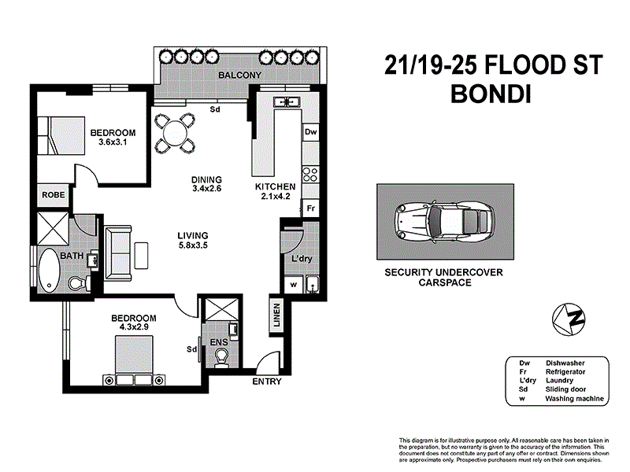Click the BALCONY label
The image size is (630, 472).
239,75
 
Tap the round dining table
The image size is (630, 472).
176,133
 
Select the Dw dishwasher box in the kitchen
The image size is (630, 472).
310,131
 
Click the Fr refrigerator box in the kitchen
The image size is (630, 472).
310,208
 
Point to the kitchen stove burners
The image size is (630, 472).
310,175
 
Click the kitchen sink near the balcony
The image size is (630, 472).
287,101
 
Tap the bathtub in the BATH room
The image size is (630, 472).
49,270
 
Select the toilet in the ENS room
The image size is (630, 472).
221,358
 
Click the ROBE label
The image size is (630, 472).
54,194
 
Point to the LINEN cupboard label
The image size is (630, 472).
276,315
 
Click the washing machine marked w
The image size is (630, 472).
294,285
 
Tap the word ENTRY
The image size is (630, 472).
267,382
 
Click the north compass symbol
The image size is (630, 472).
569,319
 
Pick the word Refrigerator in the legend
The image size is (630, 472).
565,371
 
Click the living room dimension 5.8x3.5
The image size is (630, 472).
193,245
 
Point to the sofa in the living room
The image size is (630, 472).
118,253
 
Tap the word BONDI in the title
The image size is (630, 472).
491,94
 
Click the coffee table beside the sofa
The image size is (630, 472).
142,255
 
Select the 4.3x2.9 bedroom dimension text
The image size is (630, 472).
134,326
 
